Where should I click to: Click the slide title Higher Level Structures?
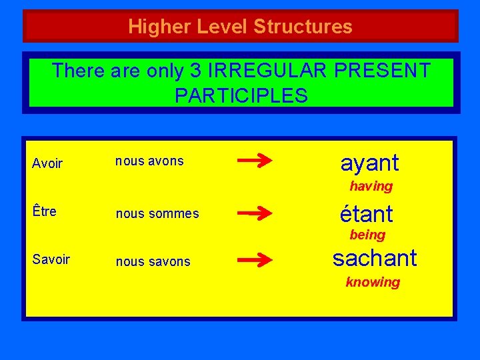240,27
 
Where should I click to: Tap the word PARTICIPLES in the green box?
241,95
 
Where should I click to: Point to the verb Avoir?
47,163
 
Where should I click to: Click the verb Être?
45,212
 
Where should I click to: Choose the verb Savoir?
51,260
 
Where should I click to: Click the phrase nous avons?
149,161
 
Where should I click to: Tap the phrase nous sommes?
157,214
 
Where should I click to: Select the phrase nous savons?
153,262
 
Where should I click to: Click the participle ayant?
369,163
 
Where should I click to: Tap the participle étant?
366,214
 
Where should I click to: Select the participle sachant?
375,258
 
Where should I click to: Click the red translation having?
371,186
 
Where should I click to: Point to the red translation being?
367,235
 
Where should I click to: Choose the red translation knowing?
373,282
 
